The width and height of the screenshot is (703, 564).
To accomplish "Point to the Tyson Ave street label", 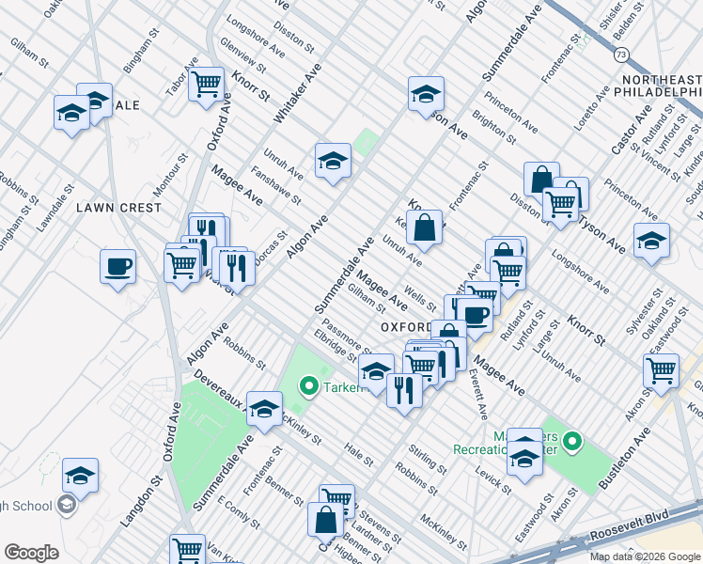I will click(x=602, y=235).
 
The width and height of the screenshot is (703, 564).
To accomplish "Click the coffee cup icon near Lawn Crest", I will click(x=118, y=267).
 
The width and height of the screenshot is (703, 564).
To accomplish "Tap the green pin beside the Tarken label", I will click(x=307, y=385).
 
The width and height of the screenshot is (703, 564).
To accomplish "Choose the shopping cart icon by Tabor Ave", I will click(x=205, y=84).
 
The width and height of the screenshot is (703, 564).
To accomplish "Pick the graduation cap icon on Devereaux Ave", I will click(x=265, y=408).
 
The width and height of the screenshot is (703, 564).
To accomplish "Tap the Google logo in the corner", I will click(x=31, y=553).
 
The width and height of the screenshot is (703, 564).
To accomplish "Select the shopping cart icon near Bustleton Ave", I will click(x=662, y=371).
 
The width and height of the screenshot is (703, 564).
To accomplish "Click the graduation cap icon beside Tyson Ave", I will click(x=652, y=242).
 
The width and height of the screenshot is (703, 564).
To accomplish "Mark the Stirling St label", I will click(x=428, y=462).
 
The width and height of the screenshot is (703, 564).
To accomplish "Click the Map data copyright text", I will click(x=644, y=556).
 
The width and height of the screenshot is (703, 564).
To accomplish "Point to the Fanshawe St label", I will click(x=281, y=186).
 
